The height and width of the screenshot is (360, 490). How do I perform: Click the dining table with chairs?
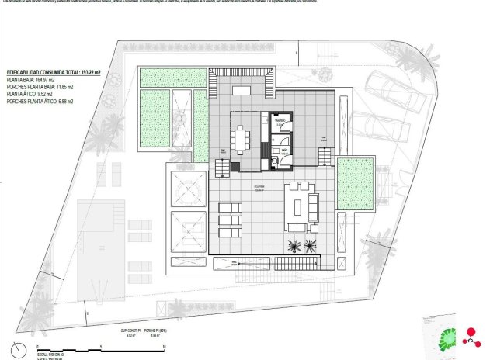point(240,139)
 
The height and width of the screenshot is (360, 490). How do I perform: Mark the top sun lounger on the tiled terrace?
point(231,206)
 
